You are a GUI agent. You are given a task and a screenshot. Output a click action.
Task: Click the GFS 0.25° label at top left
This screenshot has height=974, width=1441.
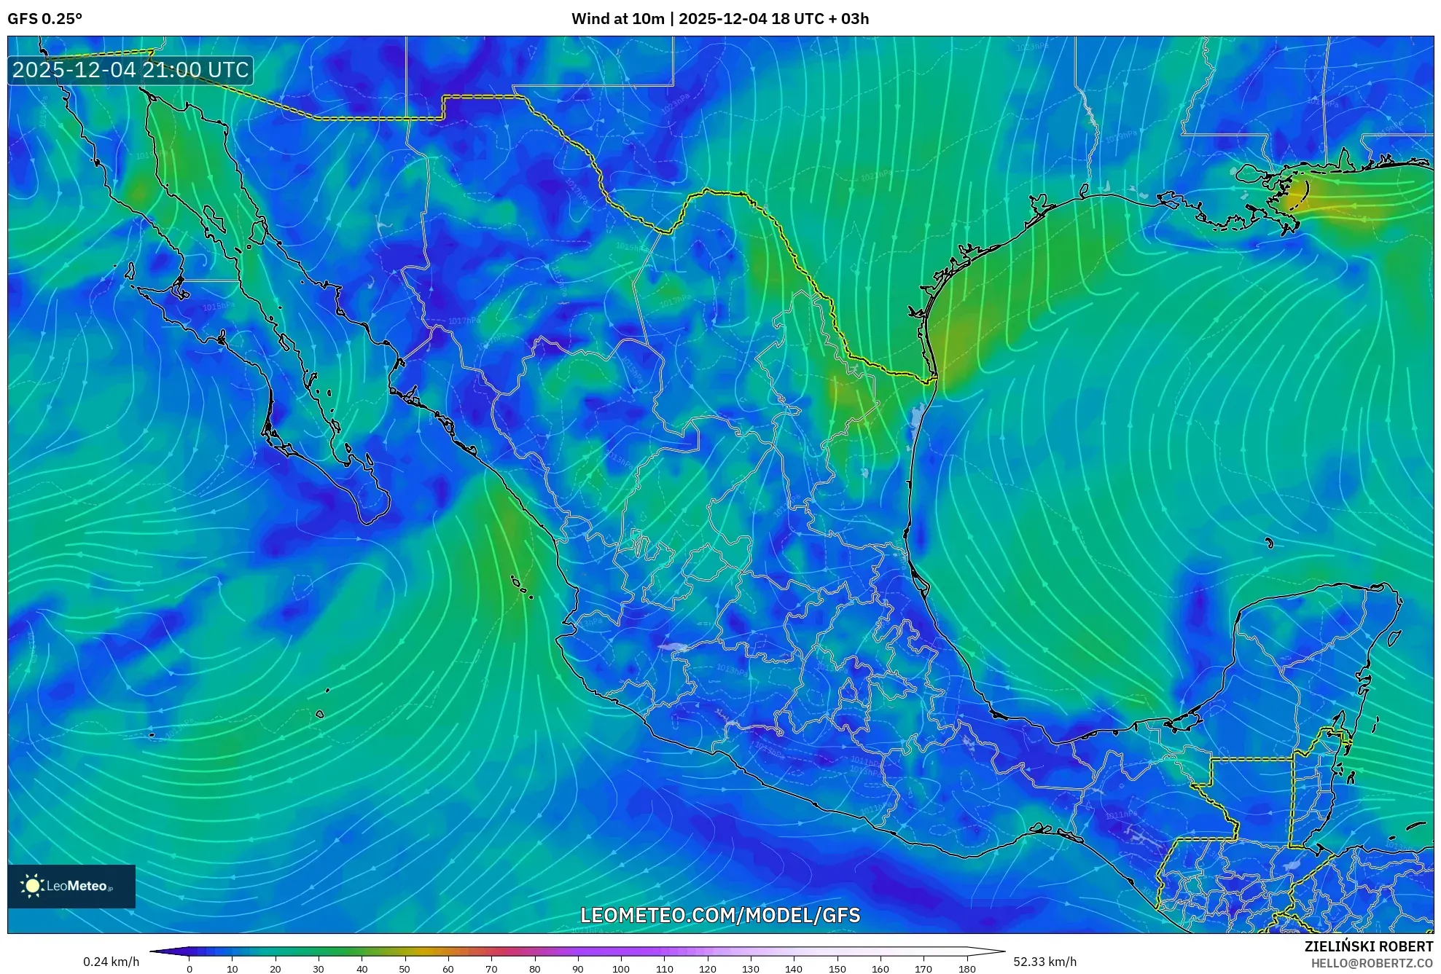(x=44, y=19)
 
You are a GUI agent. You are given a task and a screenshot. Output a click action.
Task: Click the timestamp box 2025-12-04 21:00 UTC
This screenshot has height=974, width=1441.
(x=130, y=70)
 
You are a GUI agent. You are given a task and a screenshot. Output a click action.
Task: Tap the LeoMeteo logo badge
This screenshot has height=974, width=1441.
(x=71, y=886)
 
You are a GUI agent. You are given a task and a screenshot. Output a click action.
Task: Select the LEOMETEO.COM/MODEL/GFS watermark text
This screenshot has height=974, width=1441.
(x=720, y=915)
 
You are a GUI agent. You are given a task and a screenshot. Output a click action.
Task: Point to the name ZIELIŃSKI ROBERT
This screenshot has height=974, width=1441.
(x=1368, y=946)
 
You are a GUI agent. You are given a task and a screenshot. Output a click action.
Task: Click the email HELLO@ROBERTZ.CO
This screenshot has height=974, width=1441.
(x=1372, y=963)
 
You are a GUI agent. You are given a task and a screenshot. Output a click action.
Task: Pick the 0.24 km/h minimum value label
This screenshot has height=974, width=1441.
(x=111, y=962)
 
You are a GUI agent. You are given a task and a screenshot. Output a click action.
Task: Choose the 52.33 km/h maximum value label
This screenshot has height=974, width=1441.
(x=1044, y=962)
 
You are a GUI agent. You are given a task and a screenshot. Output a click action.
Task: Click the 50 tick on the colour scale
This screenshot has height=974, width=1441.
(x=405, y=968)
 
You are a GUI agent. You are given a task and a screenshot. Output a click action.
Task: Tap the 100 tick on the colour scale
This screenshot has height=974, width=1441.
(x=620, y=968)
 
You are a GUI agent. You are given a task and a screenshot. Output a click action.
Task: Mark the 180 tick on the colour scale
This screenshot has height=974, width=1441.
(x=966, y=968)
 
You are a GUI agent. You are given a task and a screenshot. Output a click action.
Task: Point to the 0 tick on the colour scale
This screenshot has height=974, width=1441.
(x=190, y=968)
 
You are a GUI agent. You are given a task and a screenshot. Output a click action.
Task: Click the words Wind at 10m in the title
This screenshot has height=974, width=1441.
(x=617, y=19)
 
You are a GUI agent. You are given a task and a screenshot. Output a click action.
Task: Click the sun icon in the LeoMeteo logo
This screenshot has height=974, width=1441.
(x=32, y=886)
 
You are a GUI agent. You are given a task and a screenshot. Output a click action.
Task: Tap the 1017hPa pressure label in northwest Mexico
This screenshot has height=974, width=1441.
(x=464, y=321)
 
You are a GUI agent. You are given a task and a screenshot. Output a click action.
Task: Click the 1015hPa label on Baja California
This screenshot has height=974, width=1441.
(x=219, y=307)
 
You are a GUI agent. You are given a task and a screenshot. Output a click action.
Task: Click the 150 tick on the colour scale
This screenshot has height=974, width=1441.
(x=837, y=968)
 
